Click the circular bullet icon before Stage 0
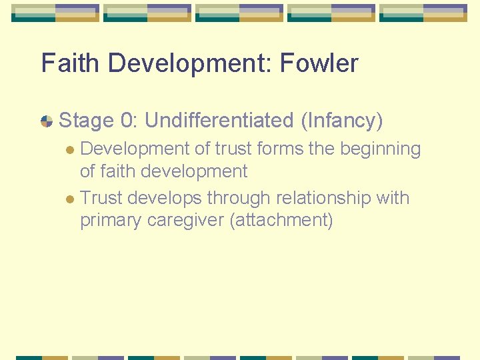coord(47,121)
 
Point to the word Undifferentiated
coord(218,121)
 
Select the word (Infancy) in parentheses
coord(341,121)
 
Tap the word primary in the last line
coord(110,221)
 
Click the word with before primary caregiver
coord(393,198)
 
